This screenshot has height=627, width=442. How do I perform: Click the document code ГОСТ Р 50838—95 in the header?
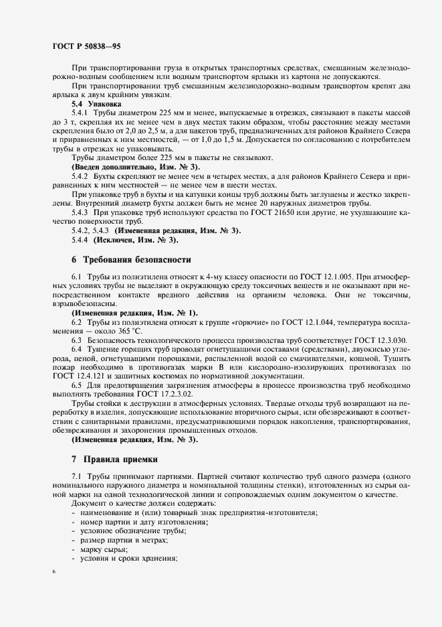86,47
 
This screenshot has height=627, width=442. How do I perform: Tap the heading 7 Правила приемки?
119,460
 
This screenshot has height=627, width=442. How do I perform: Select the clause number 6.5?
76,387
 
